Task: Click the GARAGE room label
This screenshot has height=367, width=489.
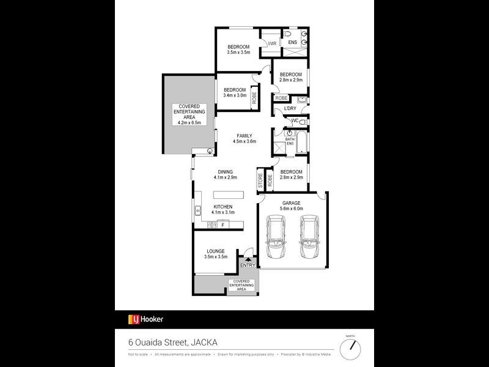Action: pyautogui.click(x=292, y=202)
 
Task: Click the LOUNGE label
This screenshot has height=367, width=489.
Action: pyautogui.click(x=216, y=251)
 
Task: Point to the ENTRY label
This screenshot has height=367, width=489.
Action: pyautogui.click(x=248, y=265)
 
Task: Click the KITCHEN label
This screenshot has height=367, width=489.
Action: pyautogui.click(x=222, y=207)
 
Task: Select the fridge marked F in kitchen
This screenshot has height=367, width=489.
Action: pyautogui.click(x=222, y=225)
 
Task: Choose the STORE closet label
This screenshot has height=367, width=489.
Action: pyautogui.click(x=260, y=180)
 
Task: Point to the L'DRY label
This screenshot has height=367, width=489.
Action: pyautogui.click(x=290, y=109)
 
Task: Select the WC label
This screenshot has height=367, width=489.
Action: pyautogui.click(x=294, y=120)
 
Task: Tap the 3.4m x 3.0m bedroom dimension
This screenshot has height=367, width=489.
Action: pyautogui.click(x=235, y=95)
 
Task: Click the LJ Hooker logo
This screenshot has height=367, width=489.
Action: pyautogui.click(x=145, y=319)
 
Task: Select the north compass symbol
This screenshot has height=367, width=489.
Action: pyautogui.click(x=350, y=347)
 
